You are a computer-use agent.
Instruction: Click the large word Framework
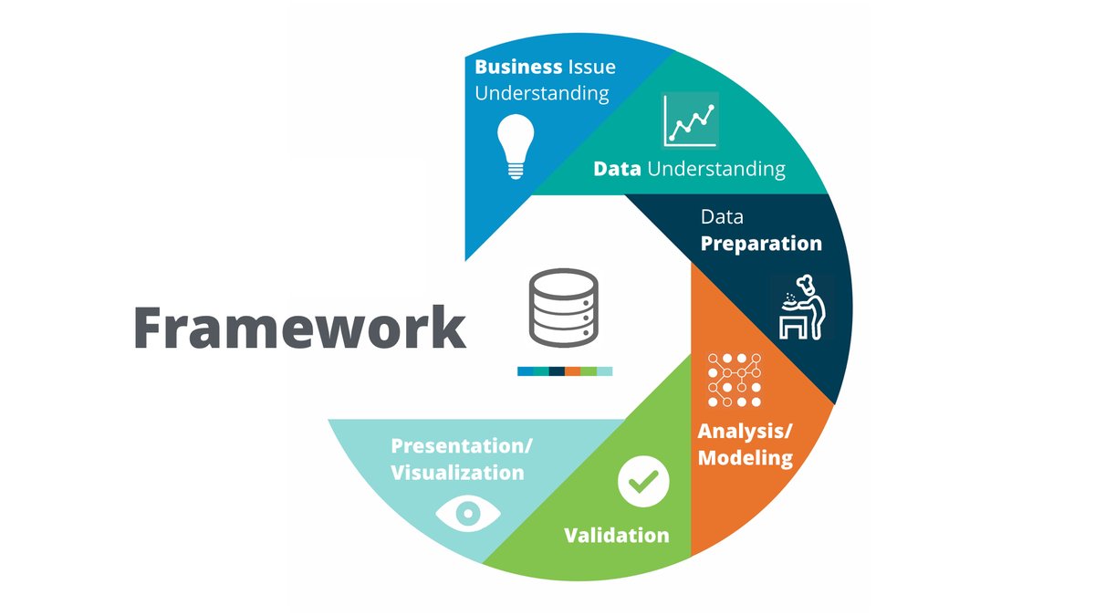click(300, 326)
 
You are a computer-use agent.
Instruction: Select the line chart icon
click(690, 120)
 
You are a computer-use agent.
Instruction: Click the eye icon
click(468, 513)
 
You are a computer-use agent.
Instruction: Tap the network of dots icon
click(735, 379)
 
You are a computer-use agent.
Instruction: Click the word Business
click(518, 67)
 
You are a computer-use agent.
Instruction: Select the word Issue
click(591, 67)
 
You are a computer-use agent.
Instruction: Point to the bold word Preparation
click(761, 244)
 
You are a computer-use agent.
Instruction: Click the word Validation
click(616, 535)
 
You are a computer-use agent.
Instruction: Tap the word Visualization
click(457, 473)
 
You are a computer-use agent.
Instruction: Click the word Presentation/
click(462, 445)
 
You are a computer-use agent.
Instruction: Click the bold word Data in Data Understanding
click(617, 169)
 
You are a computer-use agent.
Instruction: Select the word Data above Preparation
click(721, 217)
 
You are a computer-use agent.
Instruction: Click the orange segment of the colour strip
click(572, 371)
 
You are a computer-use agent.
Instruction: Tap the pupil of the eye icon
click(468, 513)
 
